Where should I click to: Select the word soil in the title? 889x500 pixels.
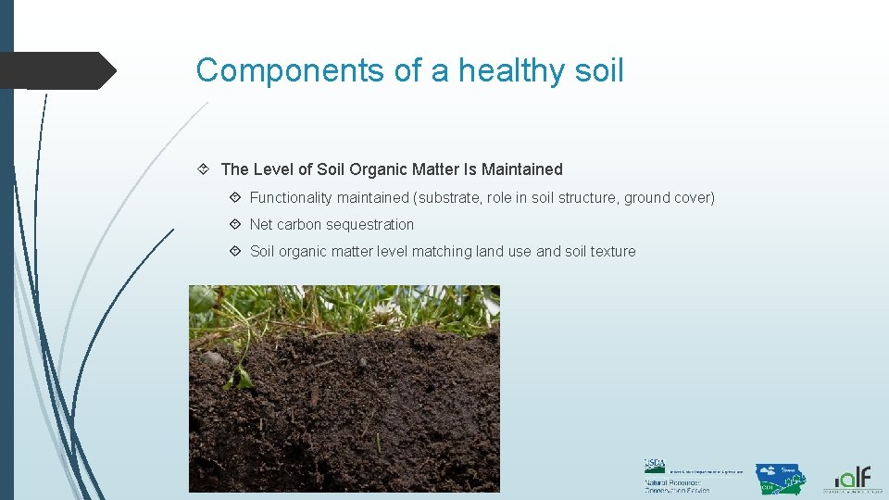coord(596,70)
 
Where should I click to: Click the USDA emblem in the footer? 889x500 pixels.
coord(655,467)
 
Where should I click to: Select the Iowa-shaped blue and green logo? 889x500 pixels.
coord(780,478)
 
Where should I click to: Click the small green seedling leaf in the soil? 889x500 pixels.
coord(240,377)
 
